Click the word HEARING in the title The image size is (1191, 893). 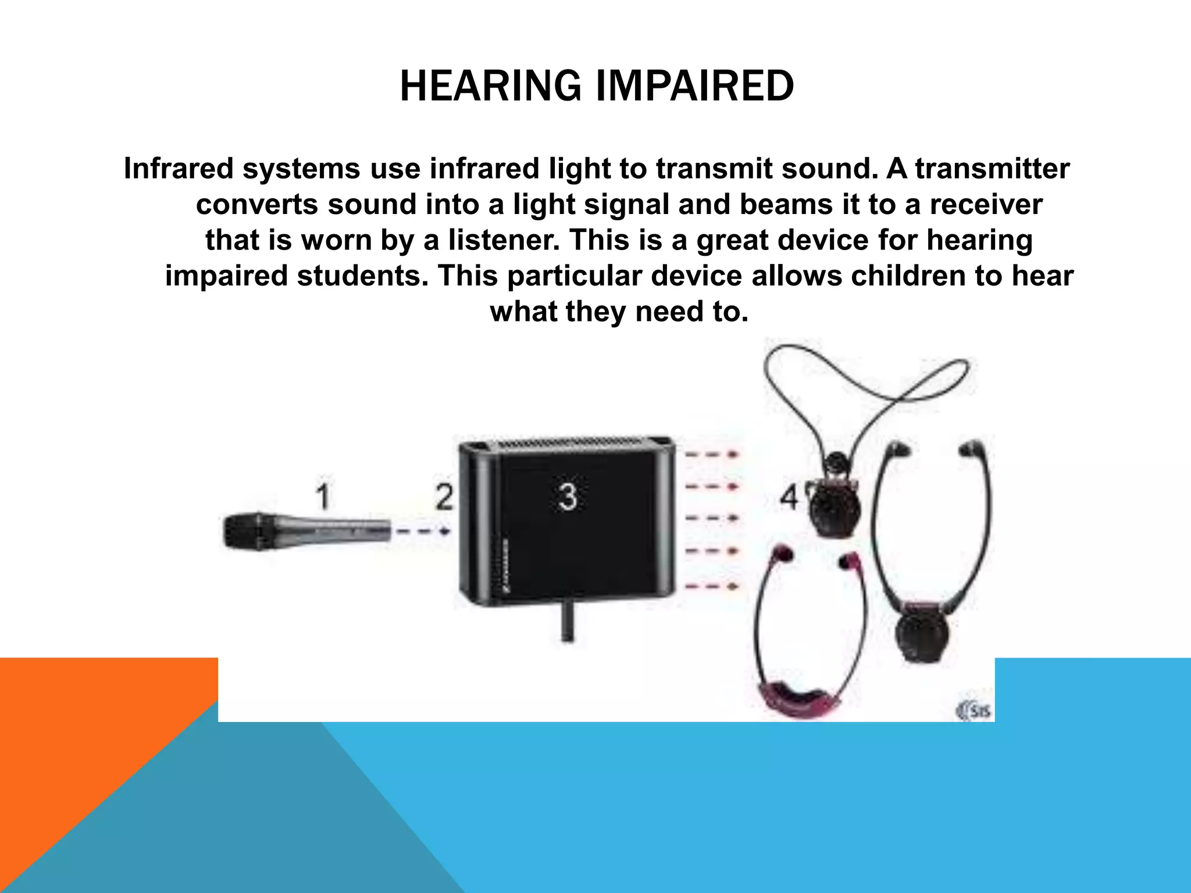pyautogui.click(x=490, y=86)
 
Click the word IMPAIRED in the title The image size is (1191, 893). pyautogui.click(x=695, y=86)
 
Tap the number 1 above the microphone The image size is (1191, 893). pyautogui.click(x=323, y=497)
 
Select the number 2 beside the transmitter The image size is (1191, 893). pyautogui.click(x=444, y=497)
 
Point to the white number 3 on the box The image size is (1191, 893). pyautogui.click(x=568, y=497)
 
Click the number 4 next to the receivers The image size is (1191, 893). pyautogui.click(x=789, y=497)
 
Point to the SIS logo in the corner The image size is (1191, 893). pyautogui.click(x=974, y=710)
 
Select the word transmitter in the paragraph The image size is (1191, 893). pyautogui.click(x=992, y=169)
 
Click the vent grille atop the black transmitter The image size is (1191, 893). pyautogui.click(x=567, y=444)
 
